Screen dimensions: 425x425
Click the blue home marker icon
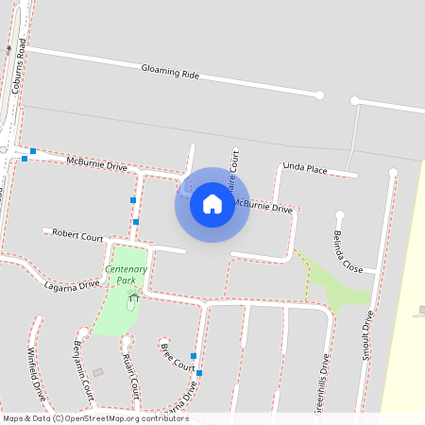[x=212, y=204]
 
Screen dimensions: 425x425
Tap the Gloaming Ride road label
[x=170, y=71]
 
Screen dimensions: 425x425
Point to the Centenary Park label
[x=126, y=275]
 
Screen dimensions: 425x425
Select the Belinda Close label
[x=348, y=251]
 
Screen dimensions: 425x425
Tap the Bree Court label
[x=177, y=358]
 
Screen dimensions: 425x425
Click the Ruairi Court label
[x=130, y=375]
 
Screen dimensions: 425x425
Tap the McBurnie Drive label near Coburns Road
[x=96, y=163]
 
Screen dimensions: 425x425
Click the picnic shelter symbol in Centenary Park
[x=132, y=297]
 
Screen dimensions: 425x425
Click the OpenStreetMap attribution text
[x=95, y=418]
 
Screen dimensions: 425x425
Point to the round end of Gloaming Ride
[x=319, y=94]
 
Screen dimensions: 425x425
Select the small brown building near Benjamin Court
[x=98, y=373]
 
